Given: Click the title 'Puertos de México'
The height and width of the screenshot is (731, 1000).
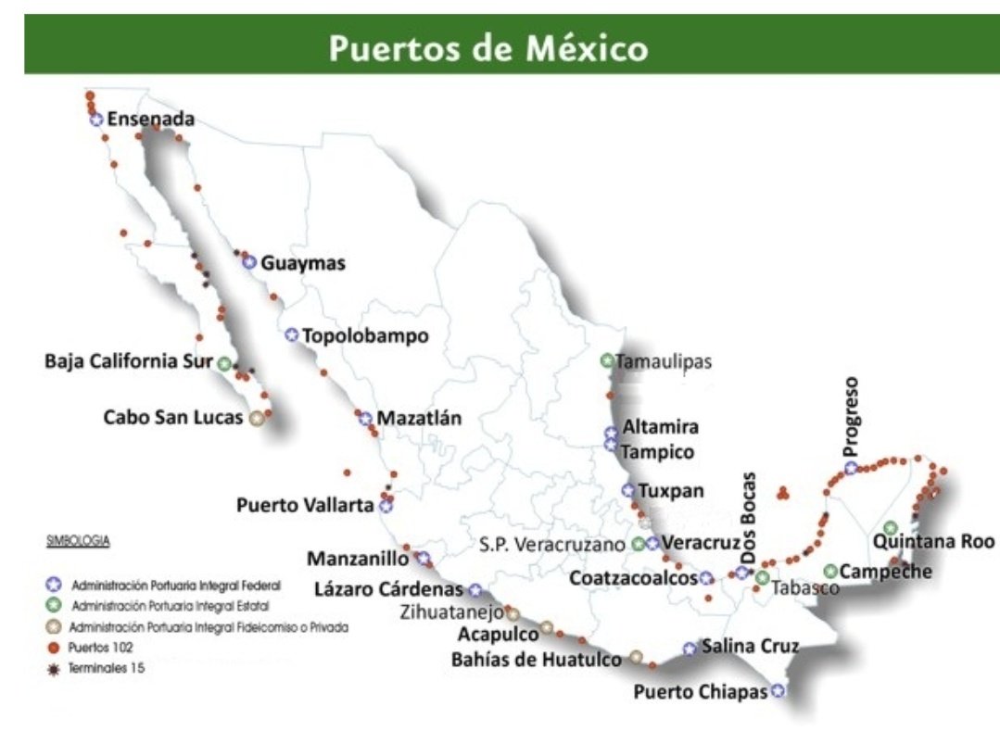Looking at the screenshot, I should click(488, 46).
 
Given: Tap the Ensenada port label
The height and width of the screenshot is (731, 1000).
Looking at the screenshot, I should click(151, 119).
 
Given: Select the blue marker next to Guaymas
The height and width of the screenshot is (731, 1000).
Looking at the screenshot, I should click(248, 262).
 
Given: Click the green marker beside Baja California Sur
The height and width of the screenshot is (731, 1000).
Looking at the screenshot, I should click(224, 363).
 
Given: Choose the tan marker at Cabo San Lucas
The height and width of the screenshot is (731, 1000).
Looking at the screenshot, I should click(257, 418).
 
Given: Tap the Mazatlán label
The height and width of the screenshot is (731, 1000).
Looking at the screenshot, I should click(418, 418).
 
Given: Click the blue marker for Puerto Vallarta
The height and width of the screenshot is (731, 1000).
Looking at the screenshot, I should click(386, 506).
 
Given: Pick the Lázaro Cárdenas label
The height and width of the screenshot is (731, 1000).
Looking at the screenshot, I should click(387, 589).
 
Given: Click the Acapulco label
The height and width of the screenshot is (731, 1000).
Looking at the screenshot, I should click(498, 635).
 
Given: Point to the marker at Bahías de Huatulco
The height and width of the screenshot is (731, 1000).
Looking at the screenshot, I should click(636, 657).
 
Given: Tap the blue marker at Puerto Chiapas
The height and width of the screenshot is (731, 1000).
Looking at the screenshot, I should click(778, 690).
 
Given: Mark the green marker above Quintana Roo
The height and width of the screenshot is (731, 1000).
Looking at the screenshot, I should click(891, 527).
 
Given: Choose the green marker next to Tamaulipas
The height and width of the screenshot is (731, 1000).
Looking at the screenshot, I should click(607, 360).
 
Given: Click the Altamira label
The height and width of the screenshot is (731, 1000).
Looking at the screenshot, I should click(661, 429).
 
